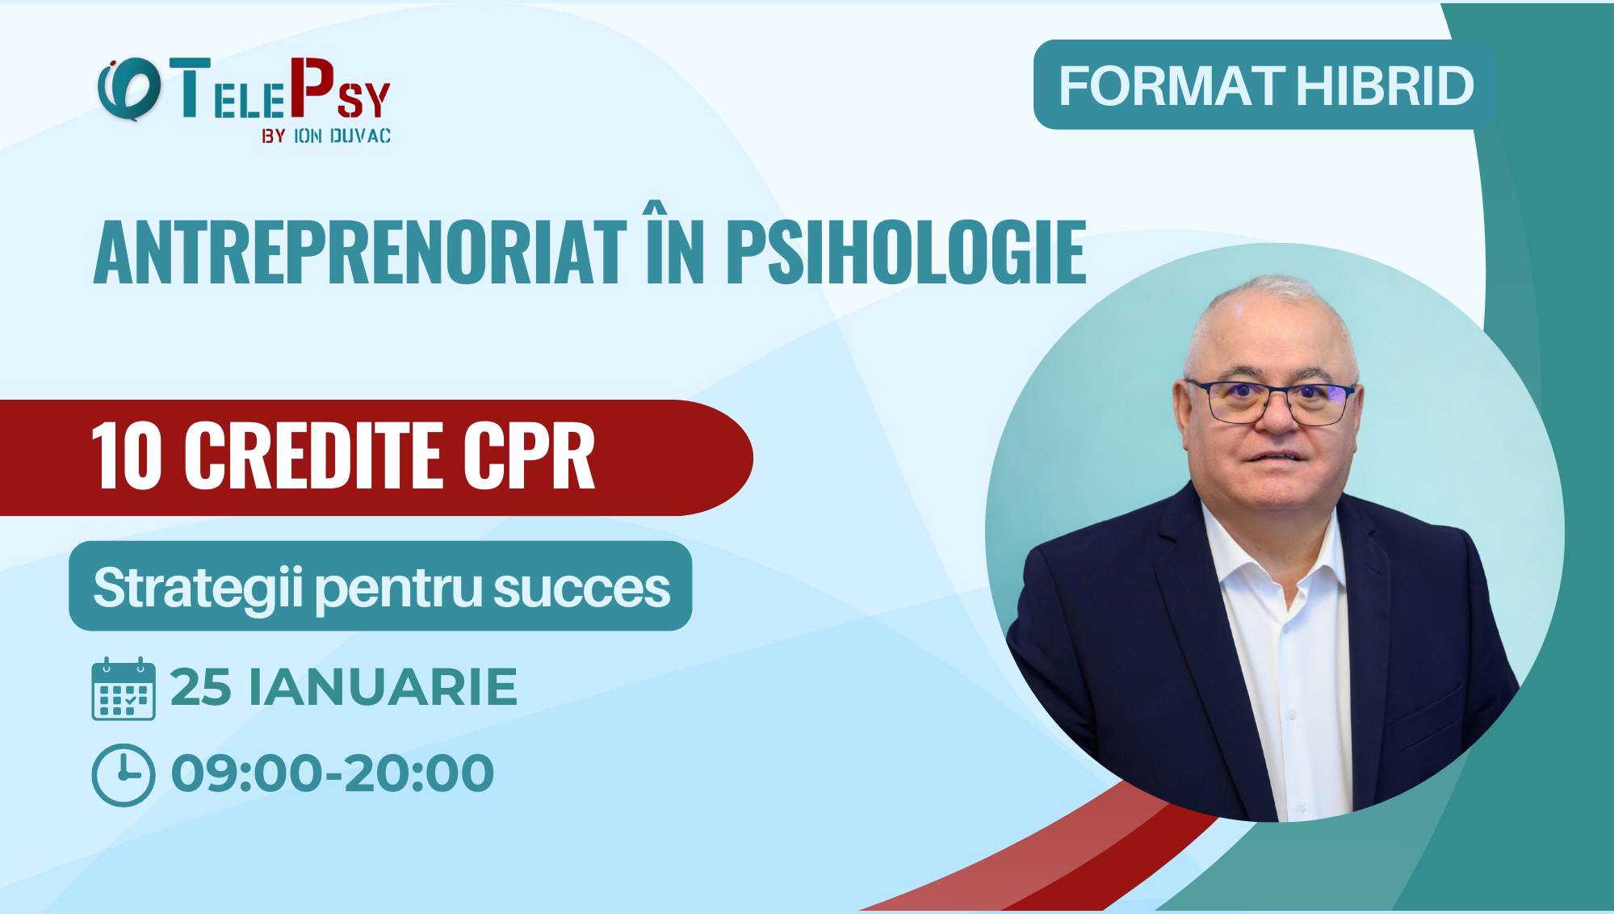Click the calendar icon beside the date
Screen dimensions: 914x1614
[123, 689]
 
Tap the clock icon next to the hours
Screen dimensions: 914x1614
[123, 775]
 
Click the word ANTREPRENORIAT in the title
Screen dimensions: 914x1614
[360, 254]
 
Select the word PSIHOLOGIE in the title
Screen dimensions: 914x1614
[906, 254]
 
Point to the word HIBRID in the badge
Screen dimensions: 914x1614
[1385, 86]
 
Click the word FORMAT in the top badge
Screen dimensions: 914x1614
[1172, 86]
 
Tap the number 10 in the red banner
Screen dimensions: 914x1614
[127, 456]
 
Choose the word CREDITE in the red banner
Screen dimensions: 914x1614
[314, 456]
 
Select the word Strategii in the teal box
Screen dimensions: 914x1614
[198, 588]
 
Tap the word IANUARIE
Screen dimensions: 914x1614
[383, 688]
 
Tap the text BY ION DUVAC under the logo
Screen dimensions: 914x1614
[326, 136]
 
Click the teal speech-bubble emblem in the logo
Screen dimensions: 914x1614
[128, 89]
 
